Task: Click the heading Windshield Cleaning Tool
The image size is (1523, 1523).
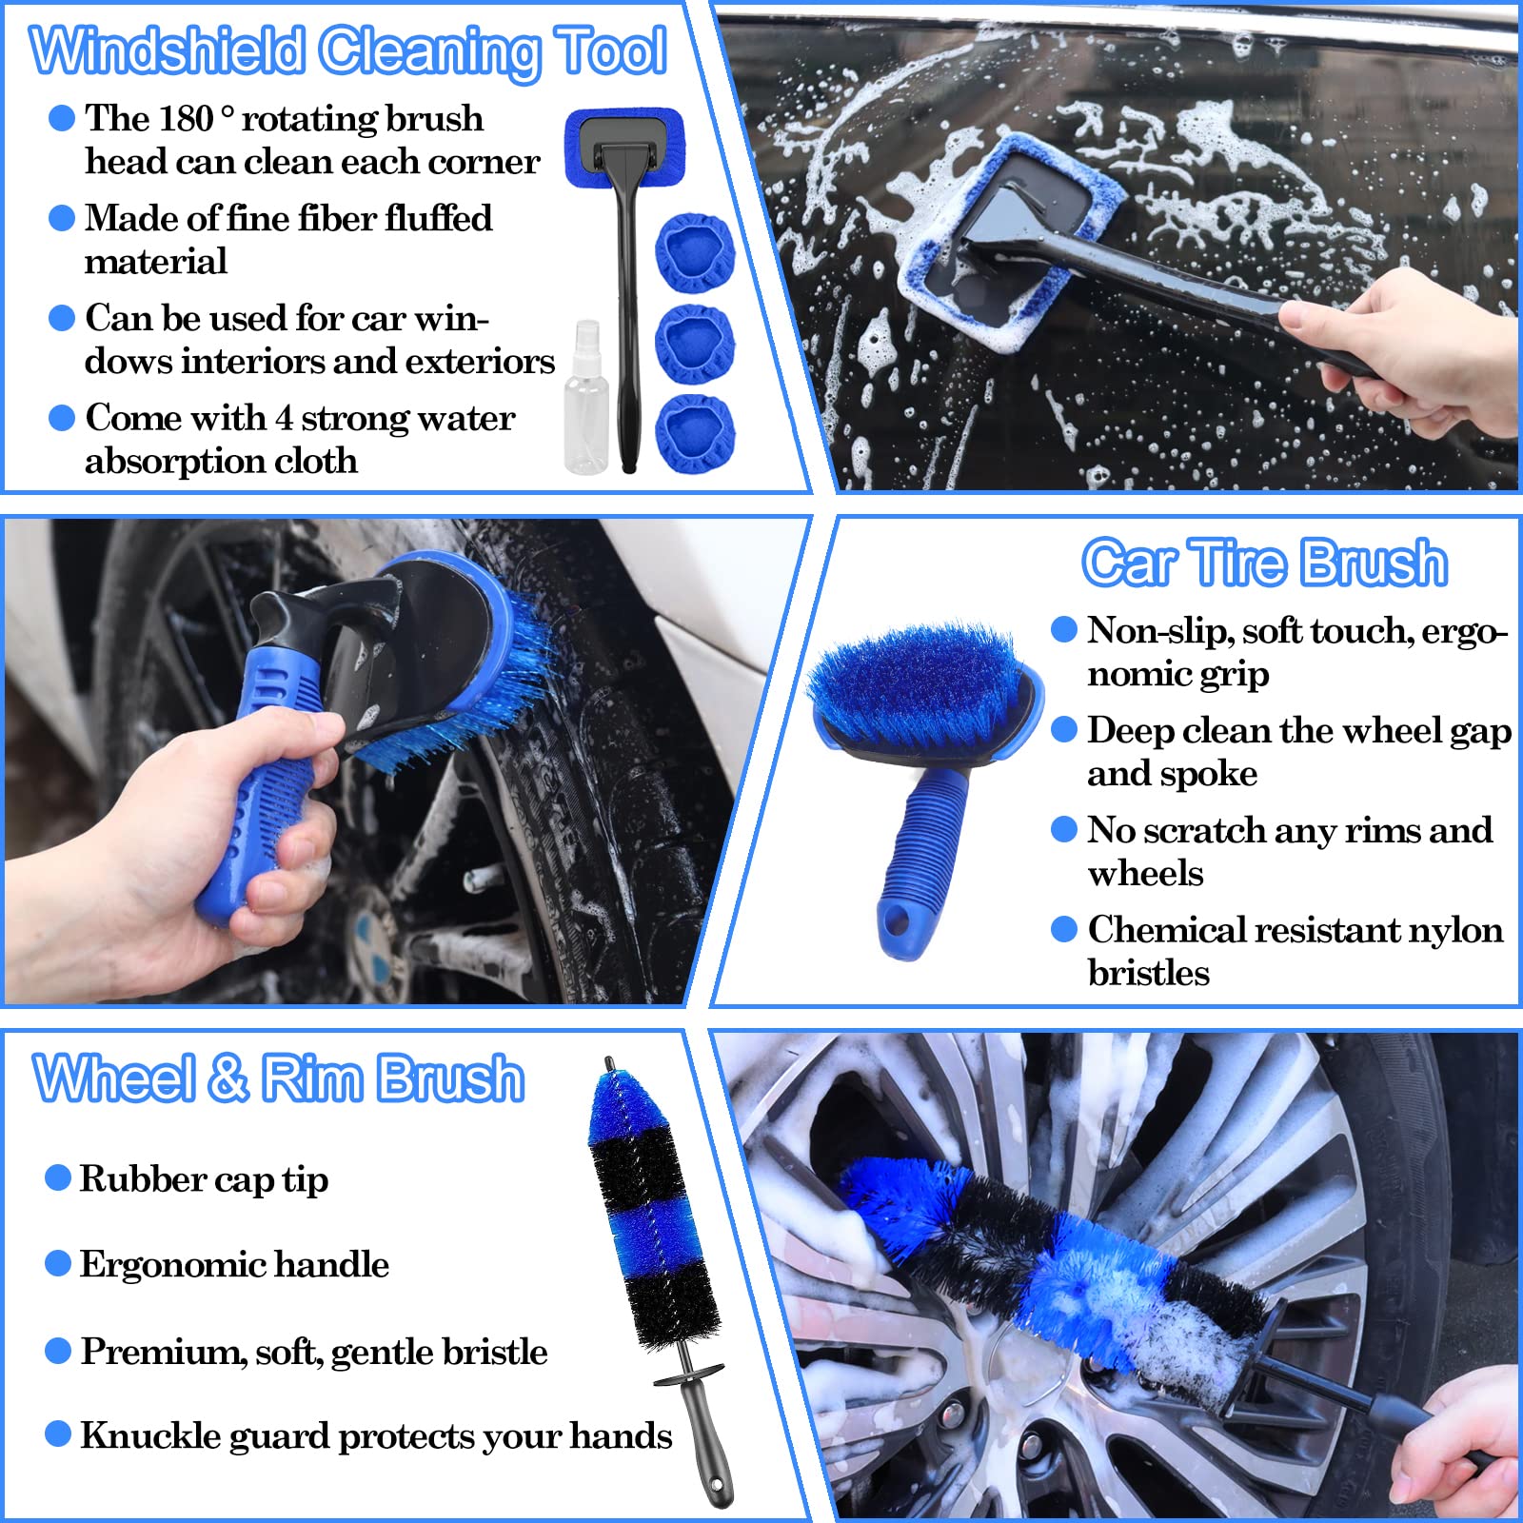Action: tap(347, 49)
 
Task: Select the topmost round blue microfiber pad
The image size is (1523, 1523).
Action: tap(696, 252)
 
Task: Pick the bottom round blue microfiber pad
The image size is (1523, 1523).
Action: tap(696, 433)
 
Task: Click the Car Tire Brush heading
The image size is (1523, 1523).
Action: tap(1264, 562)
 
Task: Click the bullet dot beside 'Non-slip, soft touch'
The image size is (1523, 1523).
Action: tap(1063, 630)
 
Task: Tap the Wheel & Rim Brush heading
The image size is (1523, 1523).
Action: tap(278, 1078)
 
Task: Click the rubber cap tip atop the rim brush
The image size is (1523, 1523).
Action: tap(609, 1066)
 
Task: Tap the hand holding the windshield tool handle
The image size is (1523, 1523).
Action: tap(1409, 352)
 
